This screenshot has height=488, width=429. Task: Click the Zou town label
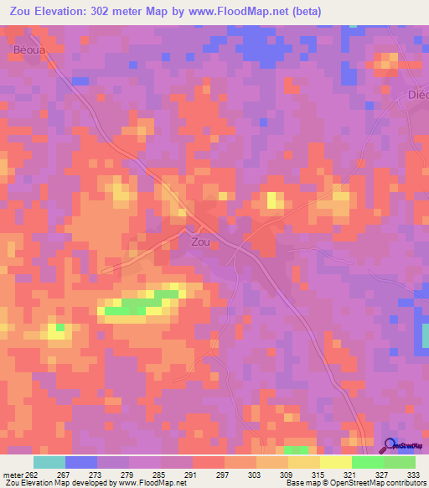coord(200,241)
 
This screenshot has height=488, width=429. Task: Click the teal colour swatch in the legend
coord(49,462)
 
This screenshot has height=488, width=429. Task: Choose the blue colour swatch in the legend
coord(81,462)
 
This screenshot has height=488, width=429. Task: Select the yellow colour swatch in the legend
coord(336,462)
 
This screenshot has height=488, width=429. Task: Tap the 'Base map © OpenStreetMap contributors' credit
coord(354,483)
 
